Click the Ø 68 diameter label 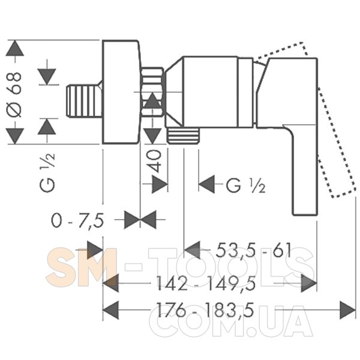click(x=14, y=95)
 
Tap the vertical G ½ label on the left click(x=47, y=172)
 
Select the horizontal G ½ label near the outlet click(x=246, y=185)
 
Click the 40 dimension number click(x=155, y=161)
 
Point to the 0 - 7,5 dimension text click(x=77, y=220)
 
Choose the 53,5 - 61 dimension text click(x=254, y=250)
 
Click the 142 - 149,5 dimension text click(x=206, y=283)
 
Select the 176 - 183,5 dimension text click(x=205, y=310)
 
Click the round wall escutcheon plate click(x=121, y=92)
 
